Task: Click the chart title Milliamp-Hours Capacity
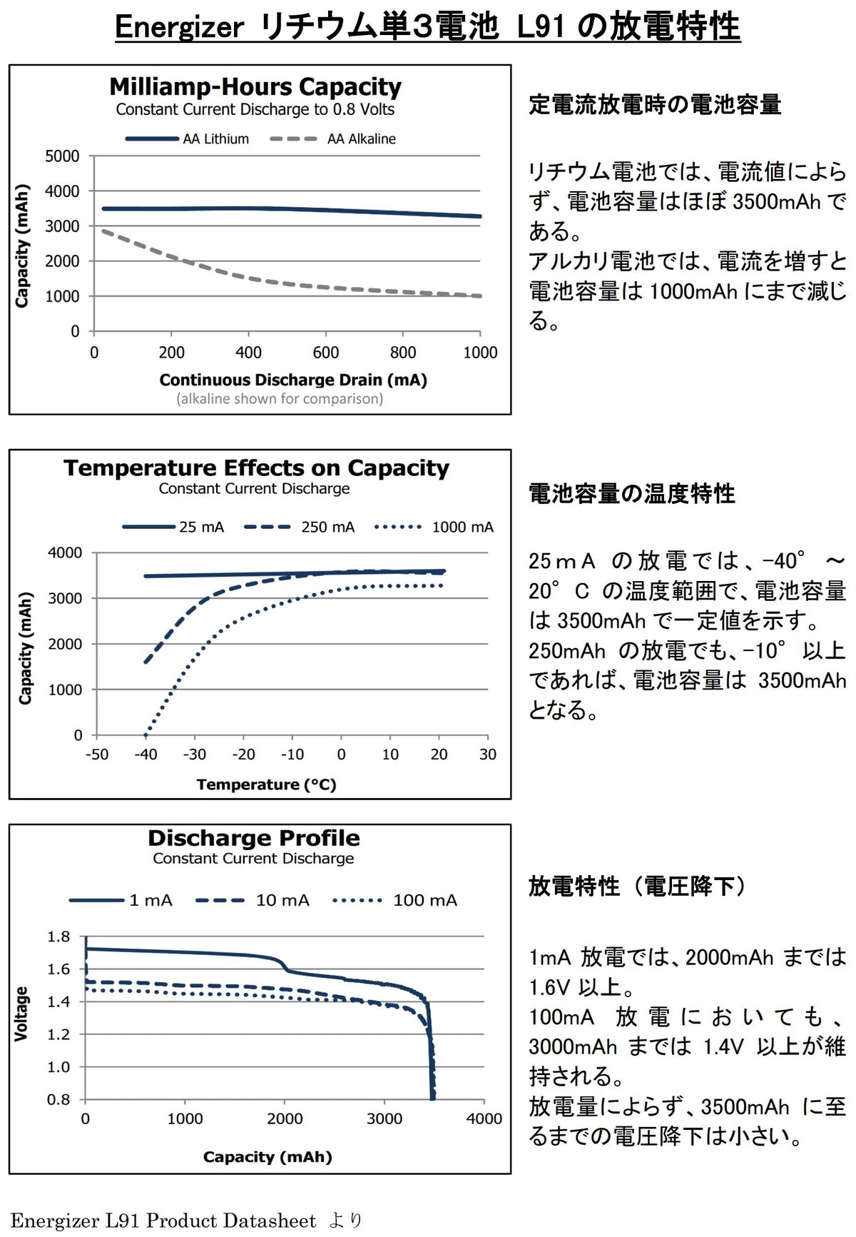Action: [255, 87]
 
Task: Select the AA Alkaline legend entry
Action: [333, 139]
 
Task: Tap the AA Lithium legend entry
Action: [188, 139]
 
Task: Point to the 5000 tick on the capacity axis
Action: [62, 156]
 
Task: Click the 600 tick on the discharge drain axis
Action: [326, 353]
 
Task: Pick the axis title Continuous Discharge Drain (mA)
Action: [293, 380]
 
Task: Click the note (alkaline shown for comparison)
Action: [280, 399]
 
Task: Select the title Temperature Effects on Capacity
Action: [257, 468]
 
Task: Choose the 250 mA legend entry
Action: [299, 527]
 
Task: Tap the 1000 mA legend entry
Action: [434, 527]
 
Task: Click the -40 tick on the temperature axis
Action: [146, 754]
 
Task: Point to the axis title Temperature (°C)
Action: [267, 784]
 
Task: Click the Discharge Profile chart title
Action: [254, 838]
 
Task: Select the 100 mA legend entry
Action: [395, 901]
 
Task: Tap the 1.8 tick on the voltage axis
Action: [59, 936]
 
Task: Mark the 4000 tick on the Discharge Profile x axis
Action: [484, 1119]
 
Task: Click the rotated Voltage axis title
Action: [21, 1014]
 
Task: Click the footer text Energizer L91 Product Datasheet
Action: [163, 1221]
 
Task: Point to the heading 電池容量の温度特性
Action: [632, 494]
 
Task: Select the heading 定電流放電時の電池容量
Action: [655, 105]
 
